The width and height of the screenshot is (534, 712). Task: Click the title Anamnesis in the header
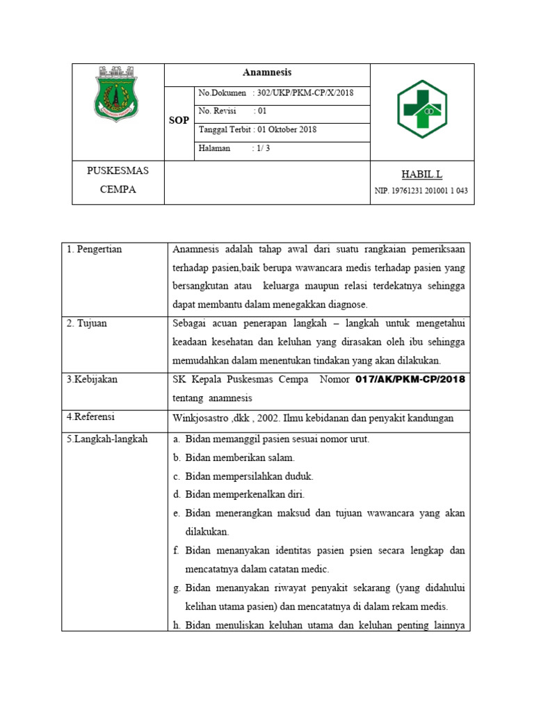pos(267,72)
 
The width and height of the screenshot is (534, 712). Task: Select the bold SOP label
pos(179,120)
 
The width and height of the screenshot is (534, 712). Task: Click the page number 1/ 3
pos(262,148)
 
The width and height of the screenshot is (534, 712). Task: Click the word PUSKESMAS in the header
pos(118,171)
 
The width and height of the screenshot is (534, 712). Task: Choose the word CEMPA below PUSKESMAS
pos(118,189)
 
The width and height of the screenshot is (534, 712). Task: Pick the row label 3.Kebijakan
pos(92,380)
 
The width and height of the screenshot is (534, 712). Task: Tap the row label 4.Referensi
pos(91,416)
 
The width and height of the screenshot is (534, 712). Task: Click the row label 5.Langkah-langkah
pos(107,439)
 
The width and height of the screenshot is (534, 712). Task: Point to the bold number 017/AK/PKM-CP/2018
pos(410,380)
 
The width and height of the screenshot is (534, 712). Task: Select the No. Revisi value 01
pos(262,111)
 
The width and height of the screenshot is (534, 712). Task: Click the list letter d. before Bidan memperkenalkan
pos(177,494)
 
